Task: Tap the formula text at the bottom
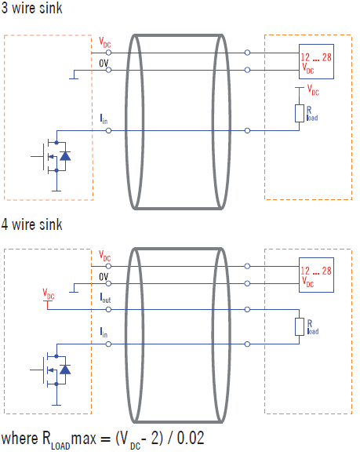(103, 437)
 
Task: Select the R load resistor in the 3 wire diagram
(299, 113)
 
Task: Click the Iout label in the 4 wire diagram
(105, 298)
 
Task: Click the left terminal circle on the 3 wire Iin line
(108, 129)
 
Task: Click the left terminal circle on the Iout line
(108, 307)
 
